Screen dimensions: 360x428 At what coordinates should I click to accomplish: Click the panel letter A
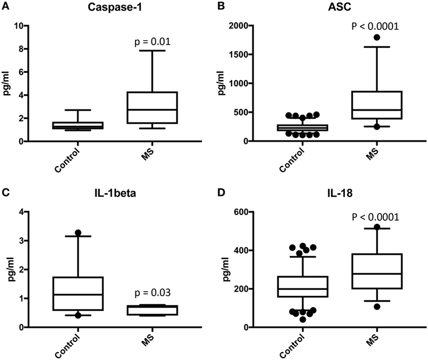click(5, 6)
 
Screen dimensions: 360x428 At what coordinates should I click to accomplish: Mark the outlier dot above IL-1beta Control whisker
click(78, 232)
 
